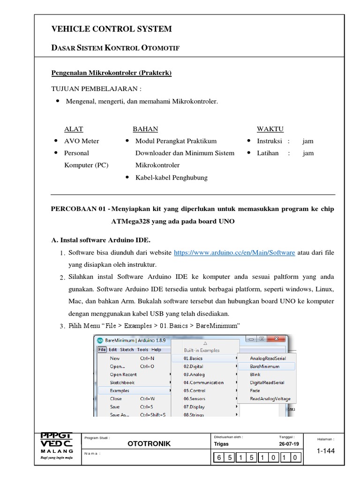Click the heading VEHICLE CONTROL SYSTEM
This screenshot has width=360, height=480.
[112, 29]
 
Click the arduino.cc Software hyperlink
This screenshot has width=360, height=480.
[234, 253]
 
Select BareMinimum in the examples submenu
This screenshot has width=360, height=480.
[264, 367]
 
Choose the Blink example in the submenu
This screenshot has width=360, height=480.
[255, 375]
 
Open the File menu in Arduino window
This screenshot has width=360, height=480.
[102, 350]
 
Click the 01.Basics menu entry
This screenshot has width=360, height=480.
[193, 359]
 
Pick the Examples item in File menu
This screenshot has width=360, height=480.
[120, 390]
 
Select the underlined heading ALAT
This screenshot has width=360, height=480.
[73, 129]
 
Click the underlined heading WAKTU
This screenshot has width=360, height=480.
[270, 129]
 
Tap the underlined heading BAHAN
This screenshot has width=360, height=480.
[145, 129]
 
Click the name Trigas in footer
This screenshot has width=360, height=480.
[221, 444]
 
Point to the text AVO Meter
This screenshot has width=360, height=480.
[82, 141]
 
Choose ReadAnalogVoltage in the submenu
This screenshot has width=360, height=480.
[270, 399]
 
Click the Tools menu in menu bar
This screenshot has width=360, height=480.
[142, 350]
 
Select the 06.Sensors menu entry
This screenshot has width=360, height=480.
[194, 399]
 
